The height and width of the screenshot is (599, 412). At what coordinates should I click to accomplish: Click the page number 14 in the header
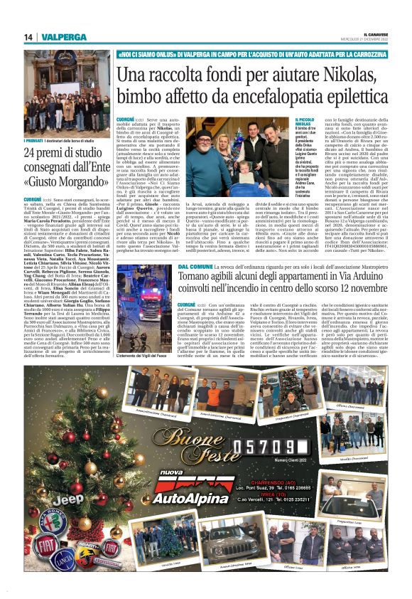click(x=28, y=37)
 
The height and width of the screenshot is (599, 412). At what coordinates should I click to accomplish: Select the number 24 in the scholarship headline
click(x=31, y=153)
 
